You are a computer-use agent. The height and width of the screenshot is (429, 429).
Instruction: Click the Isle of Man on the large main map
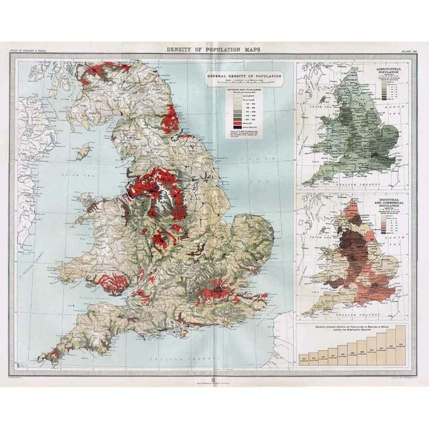(83, 153)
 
